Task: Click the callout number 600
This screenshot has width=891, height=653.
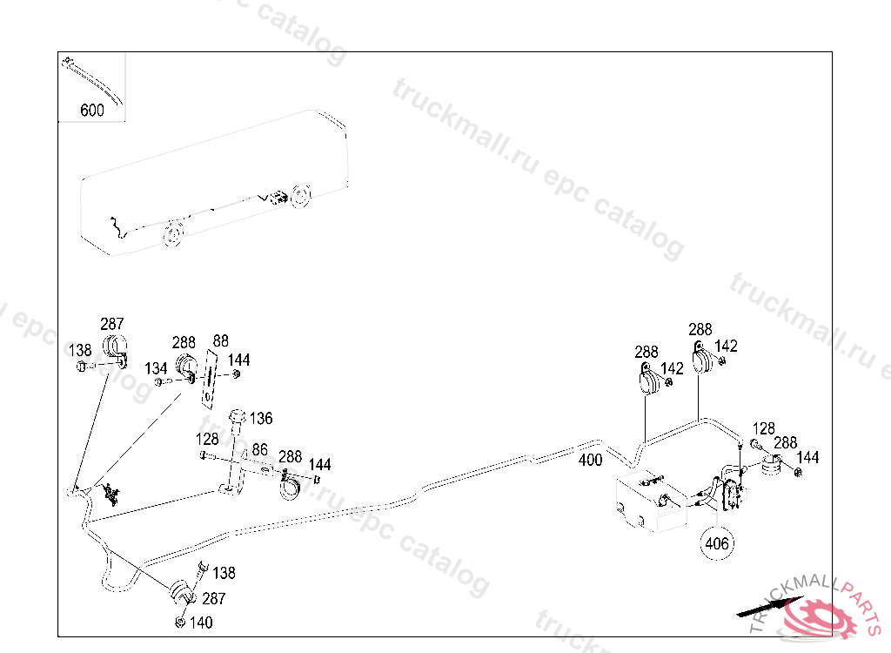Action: click(91, 111)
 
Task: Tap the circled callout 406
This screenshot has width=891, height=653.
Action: click(717, 543)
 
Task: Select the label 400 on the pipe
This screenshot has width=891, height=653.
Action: click(590, 461)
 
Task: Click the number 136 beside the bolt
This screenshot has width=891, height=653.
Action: click(261, 419)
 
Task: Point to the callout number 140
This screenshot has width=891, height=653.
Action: click(200, 623)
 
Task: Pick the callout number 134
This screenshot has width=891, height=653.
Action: click(156, 368)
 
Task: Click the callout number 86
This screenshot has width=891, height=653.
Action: click(259, 450)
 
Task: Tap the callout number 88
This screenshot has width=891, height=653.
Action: click(220, 340)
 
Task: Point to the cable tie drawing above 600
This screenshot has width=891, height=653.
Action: click(92, 79)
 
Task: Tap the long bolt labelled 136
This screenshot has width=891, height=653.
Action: click(232, 453)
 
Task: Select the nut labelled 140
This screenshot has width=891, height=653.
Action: click(179, 622)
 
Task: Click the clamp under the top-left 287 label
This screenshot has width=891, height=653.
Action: click(114, 347)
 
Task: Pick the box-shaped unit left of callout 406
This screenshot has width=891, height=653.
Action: click(648, 505)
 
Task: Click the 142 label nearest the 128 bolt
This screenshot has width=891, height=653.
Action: click(726, 346)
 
